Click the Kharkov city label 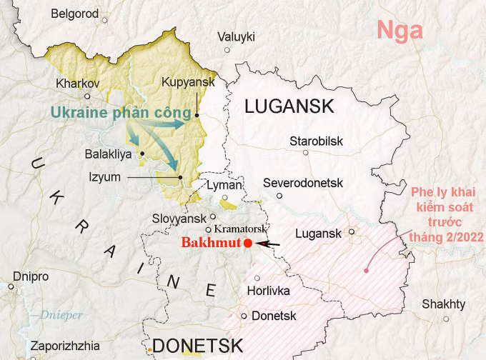(x=77, y=83)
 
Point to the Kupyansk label (x=188, y=83)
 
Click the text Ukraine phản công (x=121, y=114)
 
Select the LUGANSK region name (x=289, y=107)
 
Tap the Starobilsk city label (x=316, y=141)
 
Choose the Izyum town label (x=105, y=177)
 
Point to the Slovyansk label (x=177, y=218)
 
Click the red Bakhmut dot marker (x=247, y=244)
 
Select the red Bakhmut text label (x=211, y=243)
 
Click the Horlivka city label (x=267, y=291)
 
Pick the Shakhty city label (x=443, y=304)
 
